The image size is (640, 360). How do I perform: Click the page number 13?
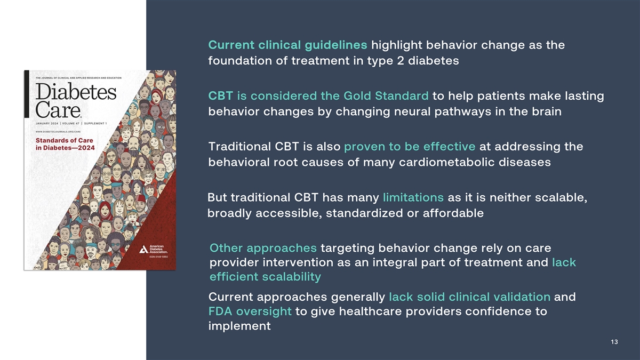click(x=614, y=342)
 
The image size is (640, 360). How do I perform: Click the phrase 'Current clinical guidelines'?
click(x=287, y=45)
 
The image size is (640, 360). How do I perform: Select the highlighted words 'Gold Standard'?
click(x=386, y=95)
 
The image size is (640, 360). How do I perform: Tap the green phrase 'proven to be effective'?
click(x=410, y=147)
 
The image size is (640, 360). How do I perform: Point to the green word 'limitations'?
click(x=413, y=197)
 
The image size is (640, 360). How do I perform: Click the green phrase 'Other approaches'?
click(x=263, y=249)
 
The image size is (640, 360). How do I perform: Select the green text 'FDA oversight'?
click(x=250, y=311)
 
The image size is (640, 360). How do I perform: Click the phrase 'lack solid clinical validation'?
click(x=470, y=297)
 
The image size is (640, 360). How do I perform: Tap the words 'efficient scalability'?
click(x=266, y=277)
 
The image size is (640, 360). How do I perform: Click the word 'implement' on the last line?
click(x=239, y=326)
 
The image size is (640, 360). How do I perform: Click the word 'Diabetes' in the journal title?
click(x=76, y=92)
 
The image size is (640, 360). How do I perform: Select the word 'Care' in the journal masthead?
click(x=58, y=110)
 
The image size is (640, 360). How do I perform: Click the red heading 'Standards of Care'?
click(x=65, y=141)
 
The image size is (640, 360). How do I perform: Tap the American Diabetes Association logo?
click(x=154, y=249)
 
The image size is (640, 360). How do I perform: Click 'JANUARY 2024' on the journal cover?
click(x=47, y=123)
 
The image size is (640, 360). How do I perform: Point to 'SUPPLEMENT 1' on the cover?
click(x=95, y=123)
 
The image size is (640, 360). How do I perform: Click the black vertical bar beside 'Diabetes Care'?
click(x=27, y=94)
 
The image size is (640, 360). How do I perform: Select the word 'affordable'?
click(x=453, y=213)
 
